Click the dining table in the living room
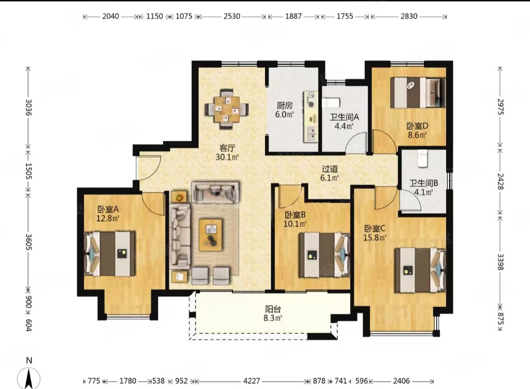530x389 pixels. coord(226,109)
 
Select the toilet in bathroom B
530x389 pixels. coord(423,159)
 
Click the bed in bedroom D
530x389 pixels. coord(418,93)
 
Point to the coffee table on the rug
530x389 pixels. coord(211,235)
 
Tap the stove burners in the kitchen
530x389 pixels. coord(311,99)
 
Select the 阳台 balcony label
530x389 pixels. coord(273,309)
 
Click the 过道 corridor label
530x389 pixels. coord(330,168)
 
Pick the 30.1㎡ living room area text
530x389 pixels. coord(227,157)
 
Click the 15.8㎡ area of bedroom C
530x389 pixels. coord(374,238)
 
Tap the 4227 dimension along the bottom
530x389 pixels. coord(251,381)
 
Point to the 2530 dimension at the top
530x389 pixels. coord(232,16)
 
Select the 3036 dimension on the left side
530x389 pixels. coord(28,107)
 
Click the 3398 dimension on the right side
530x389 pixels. coord(501,262)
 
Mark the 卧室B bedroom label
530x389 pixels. coord(295,215)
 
